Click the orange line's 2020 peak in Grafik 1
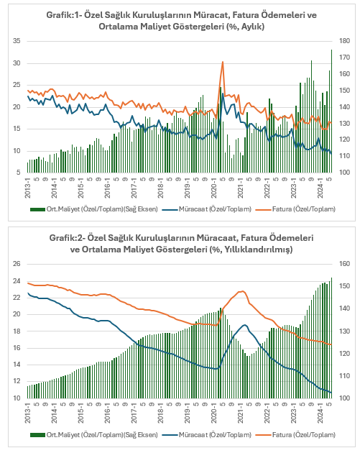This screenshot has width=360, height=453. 222,62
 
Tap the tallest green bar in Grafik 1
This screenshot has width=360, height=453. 331,111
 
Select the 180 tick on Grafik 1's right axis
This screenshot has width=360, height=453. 344,41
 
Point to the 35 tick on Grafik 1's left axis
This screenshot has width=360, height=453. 17,41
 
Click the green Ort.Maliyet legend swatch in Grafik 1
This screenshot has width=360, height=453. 37,209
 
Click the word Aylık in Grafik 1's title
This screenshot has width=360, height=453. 252,27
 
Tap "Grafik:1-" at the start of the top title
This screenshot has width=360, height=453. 63,14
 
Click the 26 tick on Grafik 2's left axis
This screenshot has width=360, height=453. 17,264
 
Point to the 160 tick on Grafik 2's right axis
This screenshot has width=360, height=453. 344,264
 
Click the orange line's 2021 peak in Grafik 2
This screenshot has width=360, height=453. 242,291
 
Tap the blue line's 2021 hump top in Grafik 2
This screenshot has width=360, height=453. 245,325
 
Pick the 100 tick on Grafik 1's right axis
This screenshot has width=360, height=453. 344,173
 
